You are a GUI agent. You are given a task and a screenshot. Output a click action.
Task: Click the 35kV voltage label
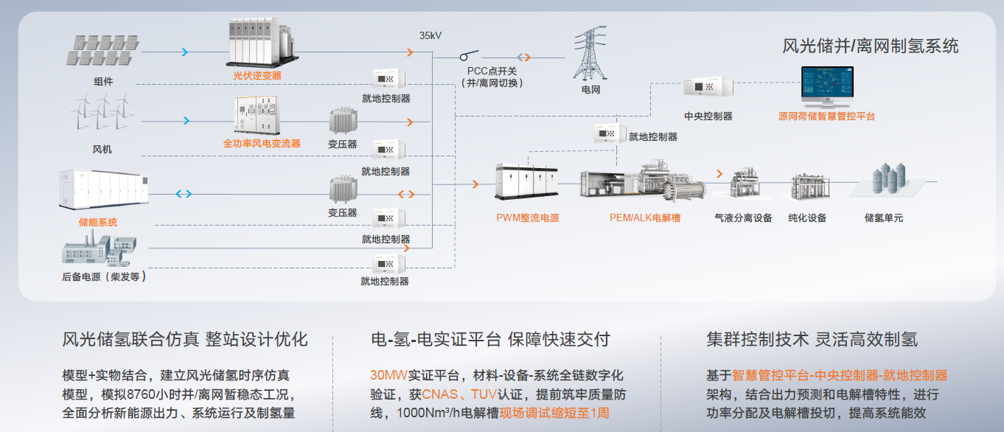point(432,35)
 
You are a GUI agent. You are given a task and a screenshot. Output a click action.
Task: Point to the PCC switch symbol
point(469,55)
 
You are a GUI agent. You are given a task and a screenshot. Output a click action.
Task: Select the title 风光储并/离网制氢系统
point(871,46)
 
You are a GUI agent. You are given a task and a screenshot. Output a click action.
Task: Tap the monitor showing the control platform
point(827,86)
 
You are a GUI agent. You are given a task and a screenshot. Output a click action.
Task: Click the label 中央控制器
point(708,116)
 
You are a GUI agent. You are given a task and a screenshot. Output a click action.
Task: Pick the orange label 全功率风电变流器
point(262,144)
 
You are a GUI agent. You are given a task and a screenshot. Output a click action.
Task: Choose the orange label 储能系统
point(98,222)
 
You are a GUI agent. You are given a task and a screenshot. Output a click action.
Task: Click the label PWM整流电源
point(527,217)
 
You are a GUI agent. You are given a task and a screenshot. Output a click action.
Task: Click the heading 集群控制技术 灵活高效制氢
point(812,340)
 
